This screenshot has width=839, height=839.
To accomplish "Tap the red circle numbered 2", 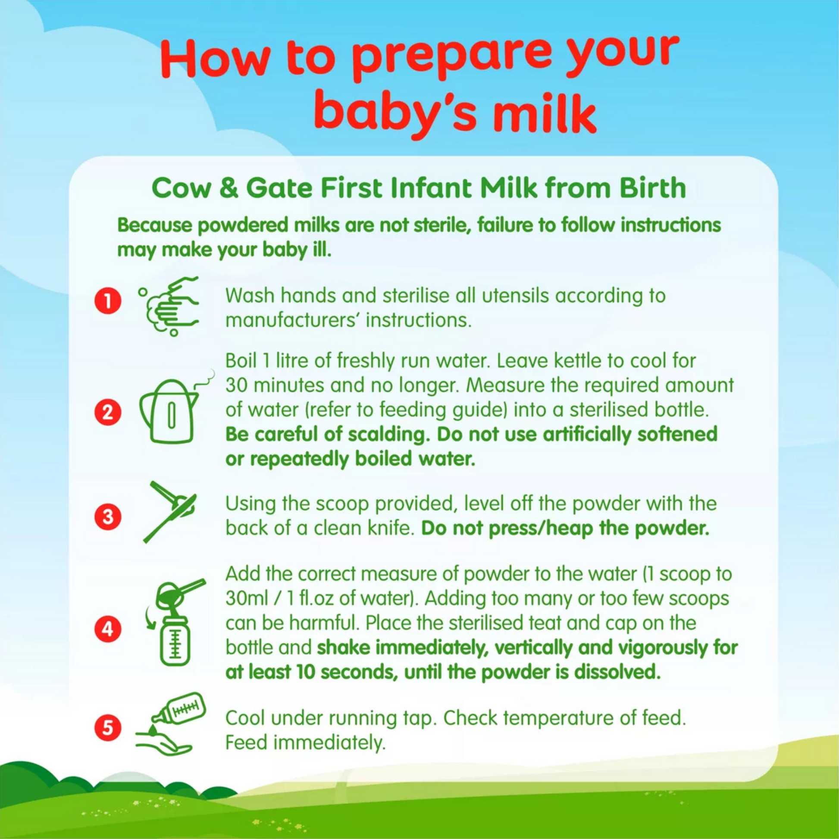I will coord(108,412).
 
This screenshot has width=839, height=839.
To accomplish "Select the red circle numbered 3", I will coord(108,517).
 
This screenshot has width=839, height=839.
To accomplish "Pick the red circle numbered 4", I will coord(108,629).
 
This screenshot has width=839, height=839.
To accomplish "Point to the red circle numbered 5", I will coord(108,727).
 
